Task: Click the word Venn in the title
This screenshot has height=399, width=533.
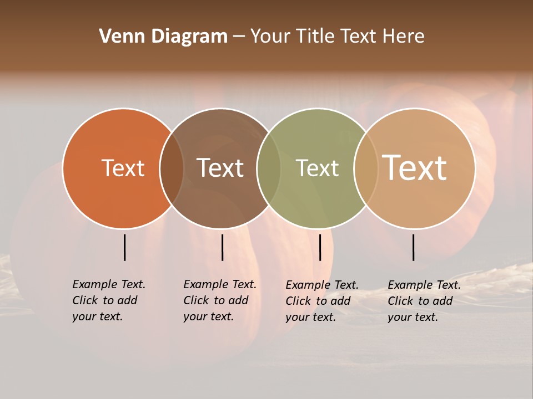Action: click(x=118, y=37)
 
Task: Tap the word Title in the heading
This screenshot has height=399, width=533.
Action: click(x=318, y=37)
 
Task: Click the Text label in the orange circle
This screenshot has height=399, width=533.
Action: click(x=123, y=168)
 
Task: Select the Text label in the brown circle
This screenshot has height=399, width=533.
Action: click(x=220, y=168)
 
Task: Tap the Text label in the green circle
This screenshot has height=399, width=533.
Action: click(x=317, y=168)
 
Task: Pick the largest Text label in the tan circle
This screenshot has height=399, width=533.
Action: click(x=414, y=168)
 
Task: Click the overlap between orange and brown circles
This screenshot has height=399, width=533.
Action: click(x=172, y=168)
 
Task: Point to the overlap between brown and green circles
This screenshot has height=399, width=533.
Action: click(x=269, y=168)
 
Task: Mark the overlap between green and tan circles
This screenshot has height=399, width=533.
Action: click(x=366, y=168)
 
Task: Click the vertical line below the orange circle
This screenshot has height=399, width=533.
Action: click(x=124, y=247)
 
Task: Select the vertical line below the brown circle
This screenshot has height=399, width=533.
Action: click(x=222, y=247)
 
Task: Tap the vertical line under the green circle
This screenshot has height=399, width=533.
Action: click(x=320, y=247)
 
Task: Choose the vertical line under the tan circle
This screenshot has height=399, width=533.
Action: click(x=413, y=247)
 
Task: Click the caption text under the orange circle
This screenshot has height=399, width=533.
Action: click(x=108, y=300)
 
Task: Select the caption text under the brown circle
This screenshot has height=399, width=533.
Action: click(x=219, y=300)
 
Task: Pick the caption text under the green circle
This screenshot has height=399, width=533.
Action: click(x=321, y=301)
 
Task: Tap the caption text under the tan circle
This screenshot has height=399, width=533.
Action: click(x=424, y=301)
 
